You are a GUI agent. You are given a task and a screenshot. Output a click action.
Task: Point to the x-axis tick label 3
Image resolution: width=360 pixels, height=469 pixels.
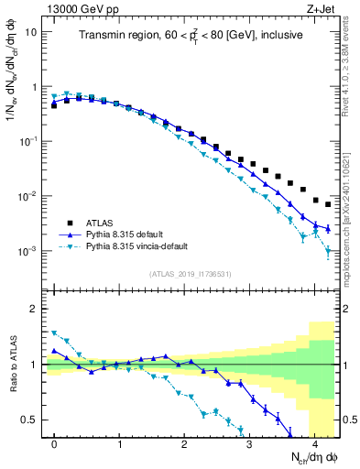(x=249, y=443)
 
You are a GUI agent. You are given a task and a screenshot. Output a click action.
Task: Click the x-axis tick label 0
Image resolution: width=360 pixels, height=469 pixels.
(x=54, y=443)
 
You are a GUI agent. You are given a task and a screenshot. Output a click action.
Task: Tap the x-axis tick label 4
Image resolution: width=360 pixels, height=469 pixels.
(x=314, y=443)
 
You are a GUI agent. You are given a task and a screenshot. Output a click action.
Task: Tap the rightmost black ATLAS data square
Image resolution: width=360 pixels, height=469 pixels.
(x=328, y=204)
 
